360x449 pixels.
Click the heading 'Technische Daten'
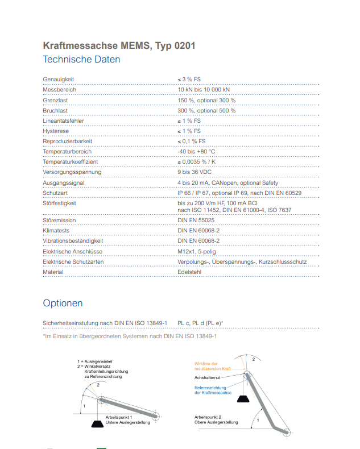coord(81,59)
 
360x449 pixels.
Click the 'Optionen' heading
coord(63,303)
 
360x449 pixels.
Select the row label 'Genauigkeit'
coord(59,80)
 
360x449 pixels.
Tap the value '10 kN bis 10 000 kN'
coord(204,90)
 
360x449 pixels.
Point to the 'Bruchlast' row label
coord(55,110)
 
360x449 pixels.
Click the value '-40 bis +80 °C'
coord(196,152)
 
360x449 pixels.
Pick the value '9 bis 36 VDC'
coord(195,172)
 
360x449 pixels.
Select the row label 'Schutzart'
coord(55,193)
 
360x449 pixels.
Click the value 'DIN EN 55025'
coord(196,220)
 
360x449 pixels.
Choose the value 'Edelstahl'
coord(190,272)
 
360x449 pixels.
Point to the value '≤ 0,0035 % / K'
coord(197,162)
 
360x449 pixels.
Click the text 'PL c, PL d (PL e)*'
coord(200,323)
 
